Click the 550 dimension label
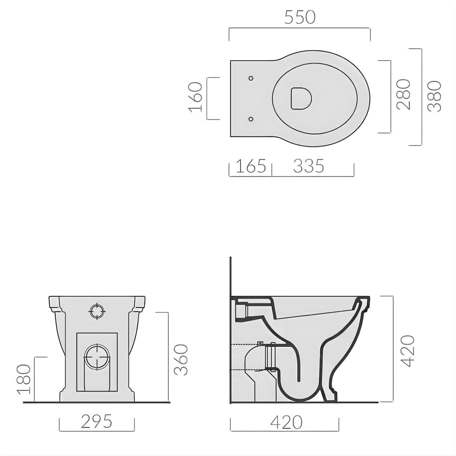[300, 17]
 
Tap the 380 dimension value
[436, 96]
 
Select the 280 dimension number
[404, 94]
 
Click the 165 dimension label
[250, 166]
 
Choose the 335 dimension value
[308, 166]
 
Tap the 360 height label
[181, 360]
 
